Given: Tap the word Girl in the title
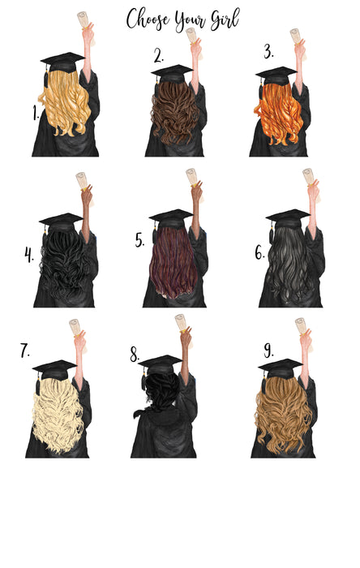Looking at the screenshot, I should [x=221, y=19].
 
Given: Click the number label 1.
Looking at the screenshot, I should [x=36, y=114].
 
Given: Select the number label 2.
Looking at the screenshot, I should [x=159, y=56].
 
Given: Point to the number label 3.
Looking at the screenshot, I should [x=268, y=53].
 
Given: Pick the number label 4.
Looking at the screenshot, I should [x=29, y=256].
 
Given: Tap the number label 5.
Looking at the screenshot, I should [x=139, y=240].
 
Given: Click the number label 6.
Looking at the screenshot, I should [x=259, y=252].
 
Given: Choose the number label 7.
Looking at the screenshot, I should [x=25, y=351].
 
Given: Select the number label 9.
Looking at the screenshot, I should [x=268, y=350].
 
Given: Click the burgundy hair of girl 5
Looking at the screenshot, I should [x=172, y=264].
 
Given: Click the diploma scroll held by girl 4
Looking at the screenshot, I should [x=81, y=180].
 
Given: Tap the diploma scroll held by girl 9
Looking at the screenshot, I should [x=302, y=327].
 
